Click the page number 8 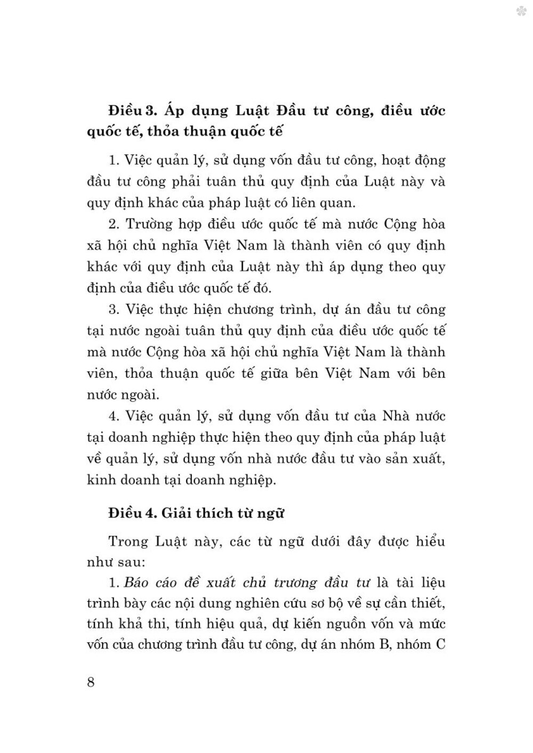coord(91,682)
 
